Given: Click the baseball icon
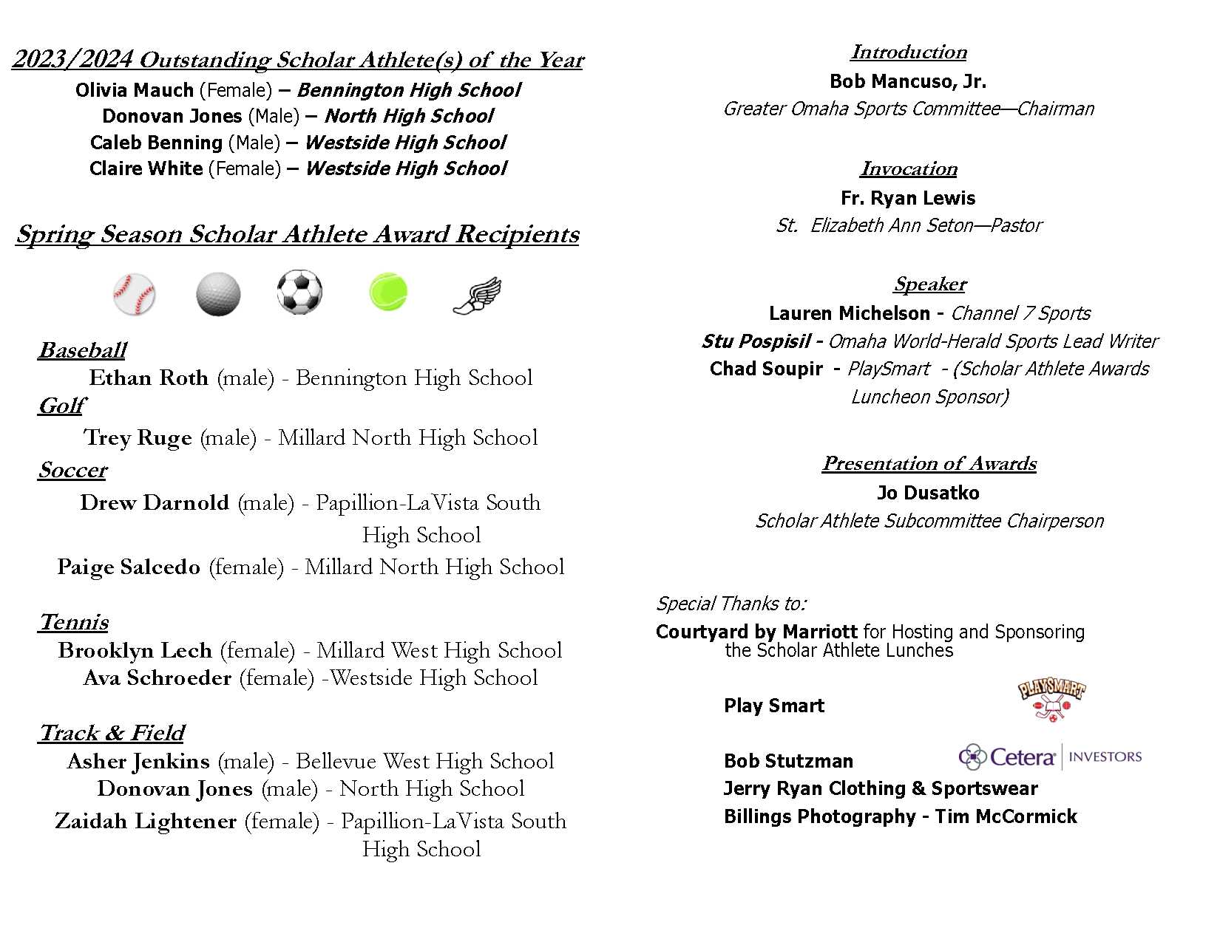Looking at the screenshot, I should [x=134, y=293].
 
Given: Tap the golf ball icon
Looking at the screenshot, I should [x=218, y=293].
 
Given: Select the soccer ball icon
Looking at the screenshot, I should [x=299, y=292].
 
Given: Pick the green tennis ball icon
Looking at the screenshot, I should [x=388, y=291].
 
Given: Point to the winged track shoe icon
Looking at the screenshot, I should [x=477, y=296].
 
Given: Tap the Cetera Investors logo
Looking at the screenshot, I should [x=1050, y=757].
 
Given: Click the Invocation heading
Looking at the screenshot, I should [x=909, y=169].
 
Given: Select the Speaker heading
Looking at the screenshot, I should [x=929, y=284].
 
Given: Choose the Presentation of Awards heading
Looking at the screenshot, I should [x=929, y=463].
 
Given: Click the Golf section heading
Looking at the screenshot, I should [x=61, y=406].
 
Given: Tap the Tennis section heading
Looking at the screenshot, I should [x=74, y=622].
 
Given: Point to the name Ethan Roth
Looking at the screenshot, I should [x=149, y=378].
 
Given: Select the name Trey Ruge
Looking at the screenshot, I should [x=138, y=438].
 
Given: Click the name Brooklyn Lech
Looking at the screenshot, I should [x=135, y=651].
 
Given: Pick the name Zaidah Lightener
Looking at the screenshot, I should [x=146, y=822].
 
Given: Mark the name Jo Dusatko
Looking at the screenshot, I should [x=928, y=493].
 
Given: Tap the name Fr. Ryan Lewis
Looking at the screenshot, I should [x=908, y=198].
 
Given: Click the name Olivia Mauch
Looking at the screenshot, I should [x=135, y=90].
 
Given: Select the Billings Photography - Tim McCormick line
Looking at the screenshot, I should [x=900, y=816].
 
